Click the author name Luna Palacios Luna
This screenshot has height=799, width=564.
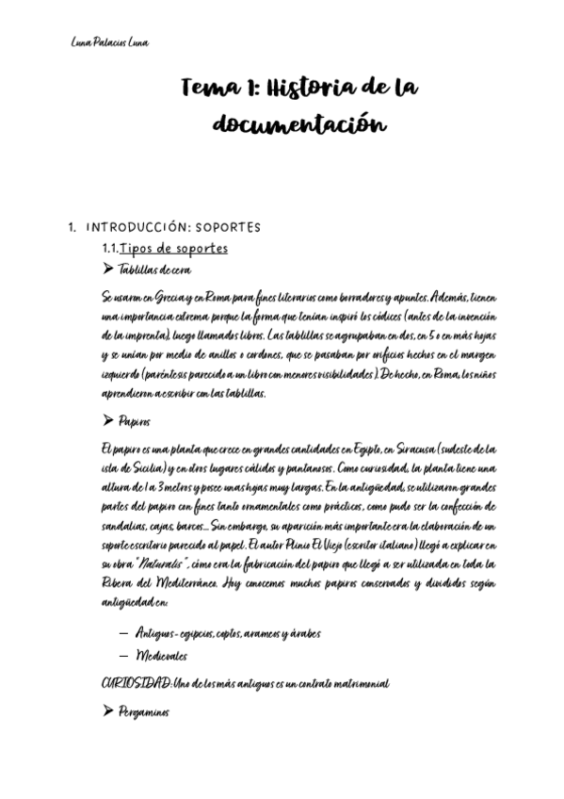pyautogui.click(x=109, y=42)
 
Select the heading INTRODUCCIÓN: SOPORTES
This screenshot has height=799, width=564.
pyautogui.click(x=173, y=228)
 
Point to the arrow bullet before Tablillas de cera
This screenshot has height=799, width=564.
pyautogui.click(x=107, y=269)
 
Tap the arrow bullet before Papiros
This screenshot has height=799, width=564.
pyautogui.click(x=107, y=422)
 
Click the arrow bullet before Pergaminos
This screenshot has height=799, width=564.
pyautogui.click(x=107, y=712)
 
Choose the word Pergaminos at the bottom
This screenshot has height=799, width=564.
pyautogui.click(x=144, y=712)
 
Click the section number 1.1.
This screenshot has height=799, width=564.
pyautogui.click(x=112, y=248)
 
